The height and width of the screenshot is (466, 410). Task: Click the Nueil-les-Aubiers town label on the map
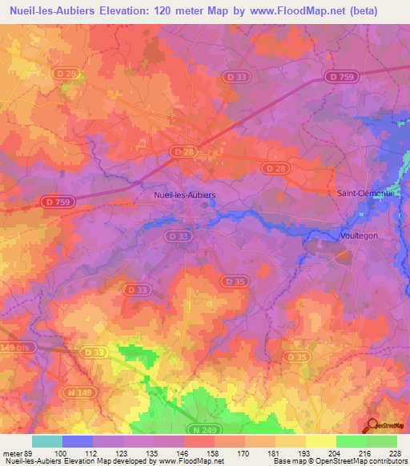click(184, 195)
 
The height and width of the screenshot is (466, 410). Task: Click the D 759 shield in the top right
click(342, 77)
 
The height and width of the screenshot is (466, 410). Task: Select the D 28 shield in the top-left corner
click(67, 74)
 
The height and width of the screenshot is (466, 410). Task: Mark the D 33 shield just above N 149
click(92, 352)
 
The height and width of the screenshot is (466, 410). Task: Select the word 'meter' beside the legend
click(14, 452)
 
